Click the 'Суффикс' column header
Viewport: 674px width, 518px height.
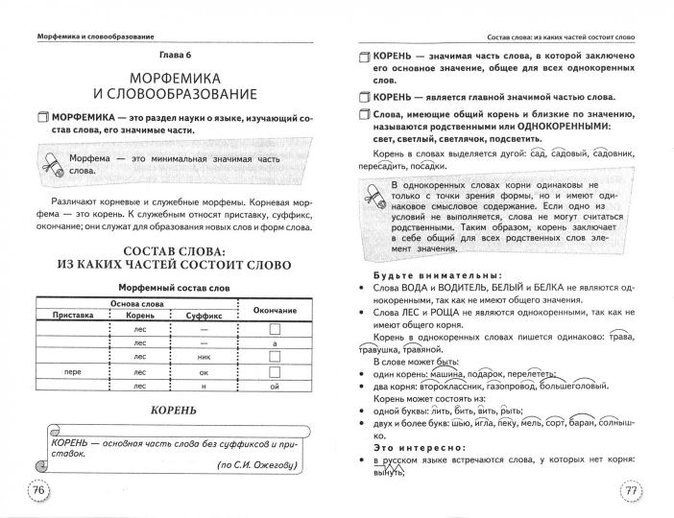[x=204, y=314]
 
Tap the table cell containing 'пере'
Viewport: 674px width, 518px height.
[x=68, y=371]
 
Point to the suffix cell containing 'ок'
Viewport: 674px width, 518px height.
[x=204, y=371]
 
